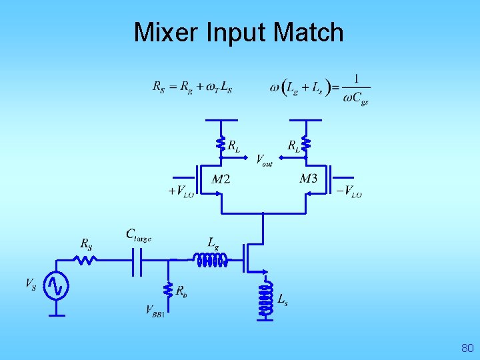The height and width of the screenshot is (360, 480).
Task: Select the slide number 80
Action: [x=467, y=348]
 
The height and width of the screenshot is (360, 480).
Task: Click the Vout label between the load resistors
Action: [x=264, y=160]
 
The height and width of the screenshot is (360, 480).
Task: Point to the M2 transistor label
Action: [x=221, y=179]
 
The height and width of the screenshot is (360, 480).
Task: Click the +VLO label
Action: [x=181, y=191]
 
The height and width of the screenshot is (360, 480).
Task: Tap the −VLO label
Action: [x=349, y=191]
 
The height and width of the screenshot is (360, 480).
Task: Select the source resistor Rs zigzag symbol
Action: [x=85, y=259]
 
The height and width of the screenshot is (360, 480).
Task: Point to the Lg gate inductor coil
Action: [x=210, y=259]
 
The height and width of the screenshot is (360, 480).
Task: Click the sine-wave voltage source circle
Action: [x=55, y=287]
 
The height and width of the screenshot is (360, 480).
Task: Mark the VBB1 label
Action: [x=155, y=310]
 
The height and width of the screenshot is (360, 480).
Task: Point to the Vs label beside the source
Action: [x=31, y=285]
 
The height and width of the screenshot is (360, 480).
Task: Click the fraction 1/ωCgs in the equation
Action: [x=355, y=89]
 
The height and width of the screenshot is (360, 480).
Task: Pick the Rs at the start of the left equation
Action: [x=159, y=87]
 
